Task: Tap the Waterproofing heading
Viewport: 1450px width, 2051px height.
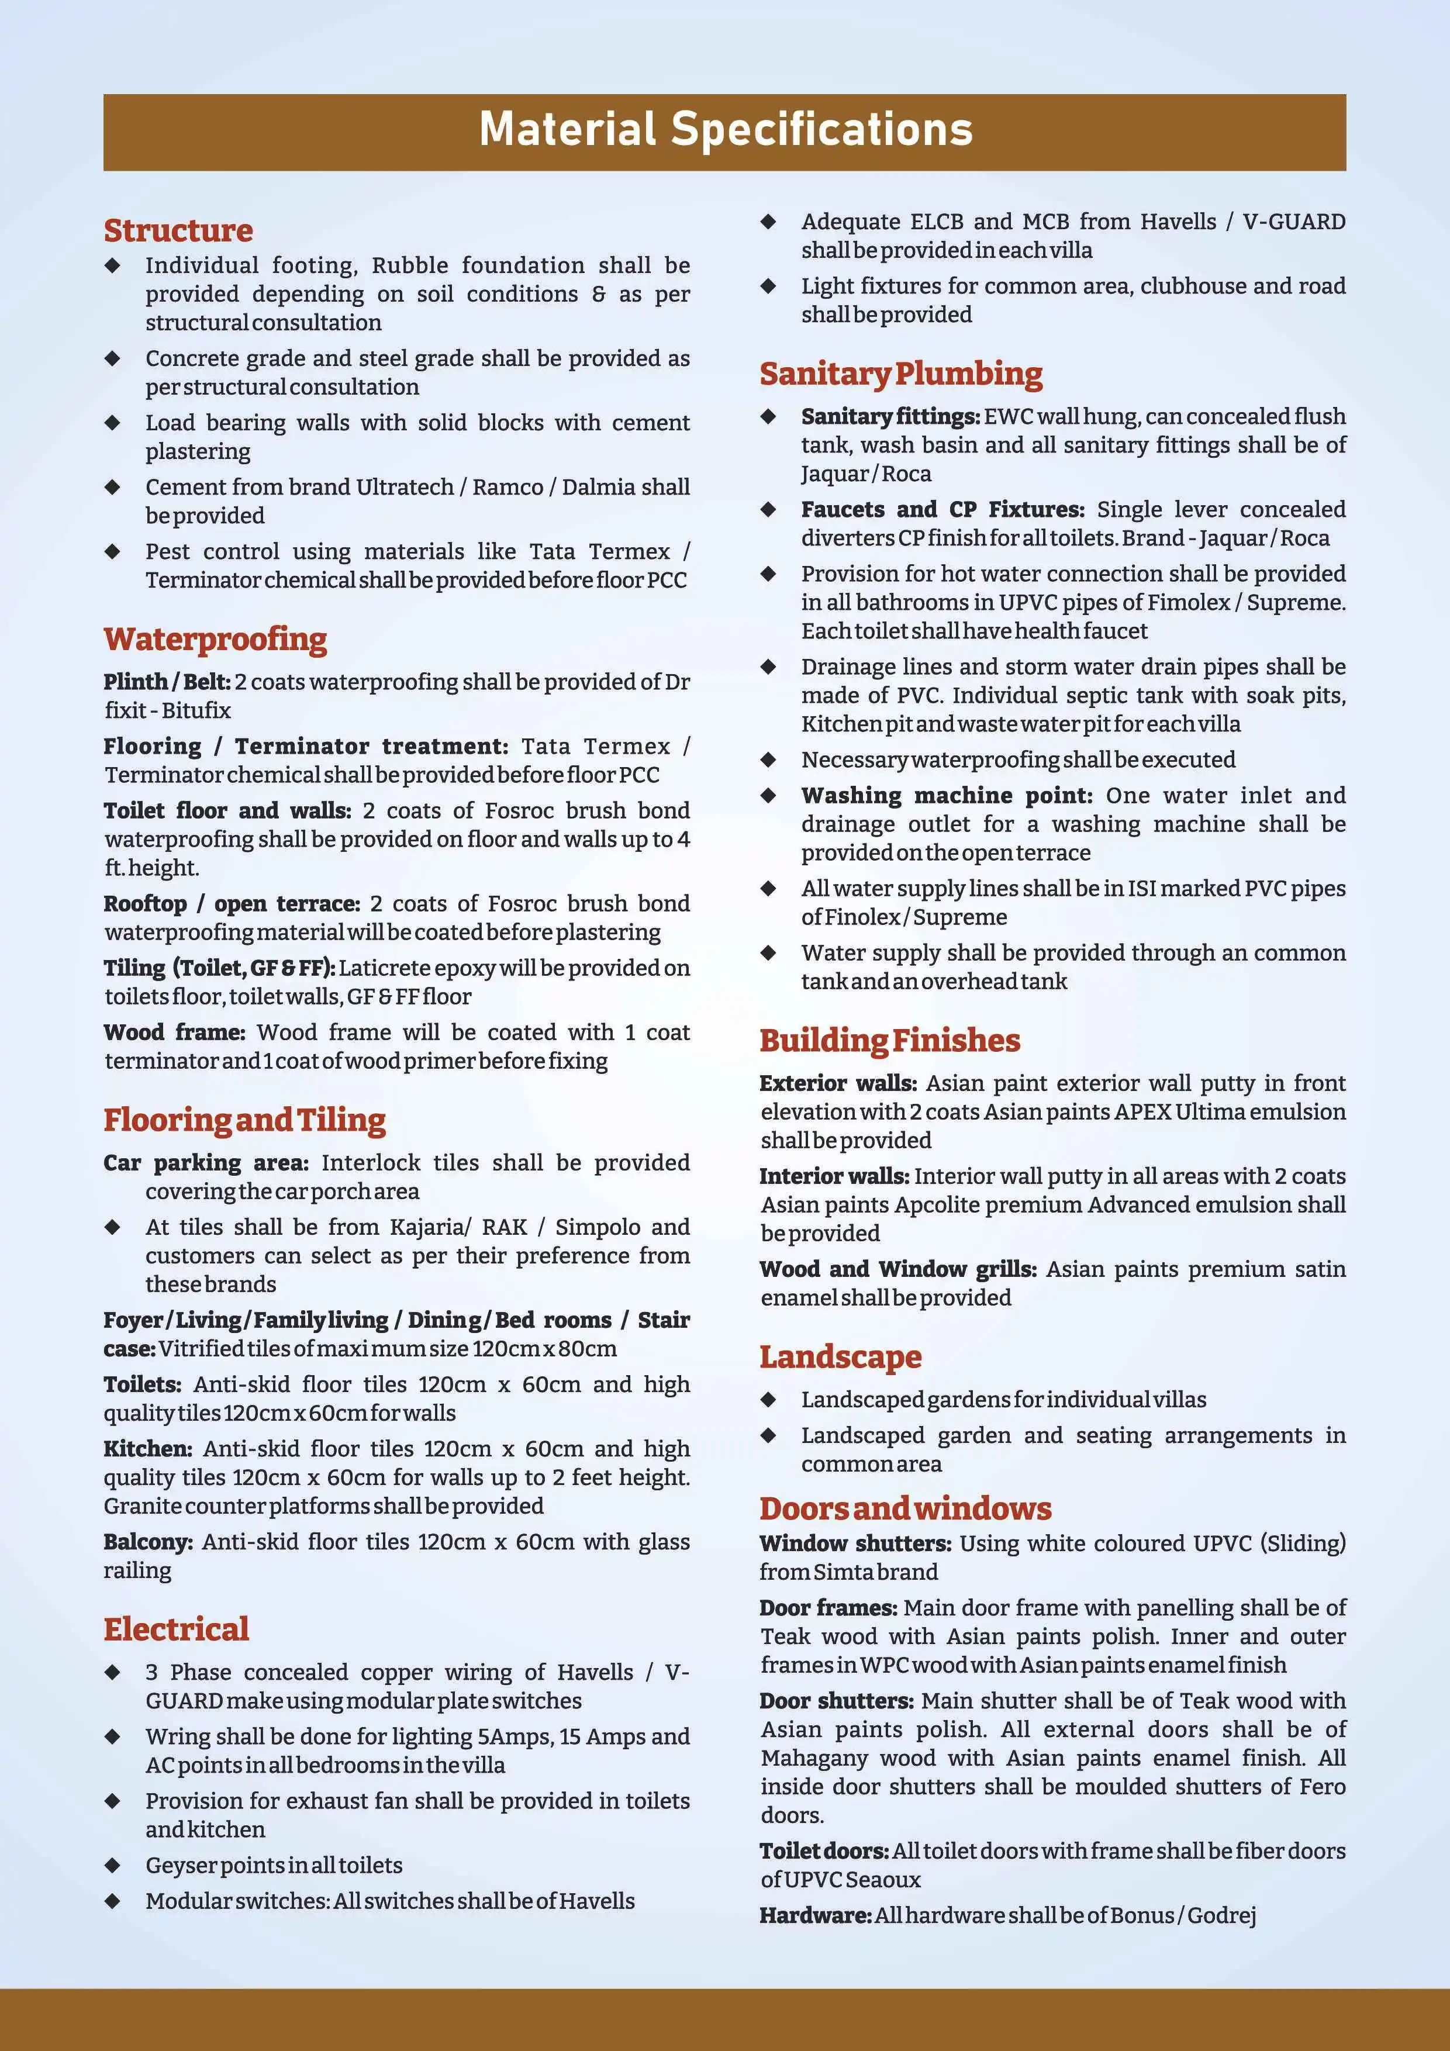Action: (215, 640)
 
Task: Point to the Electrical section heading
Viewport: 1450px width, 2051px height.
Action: (176, 1628)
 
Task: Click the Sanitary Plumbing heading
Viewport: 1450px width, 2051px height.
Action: (900, 374)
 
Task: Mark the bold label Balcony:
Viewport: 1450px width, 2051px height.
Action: (147, 1541)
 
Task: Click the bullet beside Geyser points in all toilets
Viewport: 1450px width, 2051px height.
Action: (113, 1864)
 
